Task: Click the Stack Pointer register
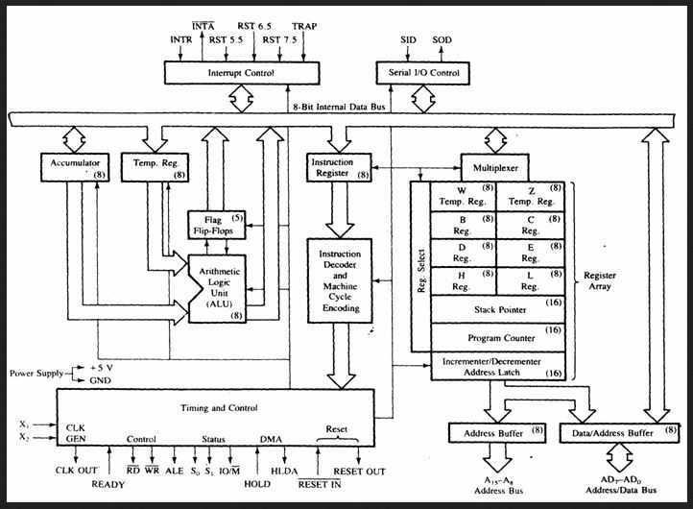[x=496, y=309]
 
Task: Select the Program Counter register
[x=496, y=338]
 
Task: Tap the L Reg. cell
[x=531, y=280]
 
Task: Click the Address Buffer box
[x=496, y=433]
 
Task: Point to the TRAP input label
[x=304, y=26]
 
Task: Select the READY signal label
[x=108, y=484]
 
